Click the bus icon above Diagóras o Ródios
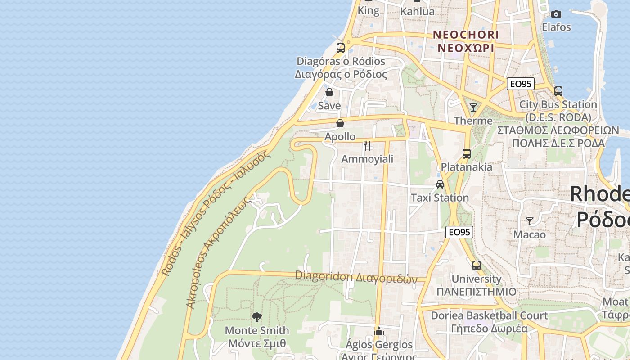click(x=341, y=48)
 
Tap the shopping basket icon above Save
click(x=329, y=93)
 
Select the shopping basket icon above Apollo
click(x=340, y=123)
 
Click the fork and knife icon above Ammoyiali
click(x=367, y=145)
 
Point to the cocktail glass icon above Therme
click(x=473, y=107)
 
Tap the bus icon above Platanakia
click(x=467, y=153)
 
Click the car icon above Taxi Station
click(x=440, y=184)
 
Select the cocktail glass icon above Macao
click(x=530, y=221)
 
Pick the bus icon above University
click(x=477, y=265)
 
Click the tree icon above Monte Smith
click(x=257, y=317)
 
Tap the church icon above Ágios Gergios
click(x=379, y=332)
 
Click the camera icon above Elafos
click(x=556, y=14)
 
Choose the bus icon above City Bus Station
click(x=558, y=91)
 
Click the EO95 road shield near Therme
click(x=521, y=84)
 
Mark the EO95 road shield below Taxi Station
click(x=459, y=232)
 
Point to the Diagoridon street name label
click(x=356, y=277)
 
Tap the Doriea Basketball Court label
click(x=489, y=315)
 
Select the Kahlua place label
click(x=418, y=11)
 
